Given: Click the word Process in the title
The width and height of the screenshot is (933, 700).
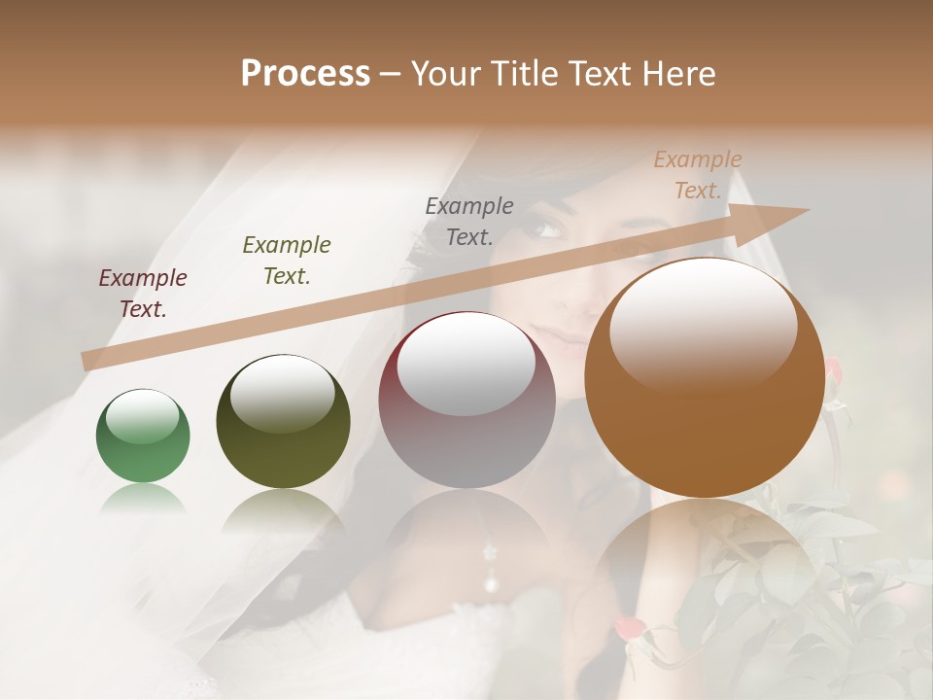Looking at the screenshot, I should pos(305,74).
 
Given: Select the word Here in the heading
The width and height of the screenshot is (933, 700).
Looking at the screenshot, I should pos(678,74).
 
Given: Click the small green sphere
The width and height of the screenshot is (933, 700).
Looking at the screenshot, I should pos(143,436).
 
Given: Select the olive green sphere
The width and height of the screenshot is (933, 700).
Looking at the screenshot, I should pos(283,421).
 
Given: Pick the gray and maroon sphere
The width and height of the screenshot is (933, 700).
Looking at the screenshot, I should pos(466,400).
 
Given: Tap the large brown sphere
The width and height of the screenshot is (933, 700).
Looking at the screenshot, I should pos(704,377).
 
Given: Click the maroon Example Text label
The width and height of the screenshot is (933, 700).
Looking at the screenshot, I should pos(143,294).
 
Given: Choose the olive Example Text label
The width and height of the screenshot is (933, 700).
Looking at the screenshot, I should pos(287,261).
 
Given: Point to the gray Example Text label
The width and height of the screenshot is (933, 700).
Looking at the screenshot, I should pos(469,221).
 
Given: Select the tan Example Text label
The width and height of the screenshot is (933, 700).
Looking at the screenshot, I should pos(698,175).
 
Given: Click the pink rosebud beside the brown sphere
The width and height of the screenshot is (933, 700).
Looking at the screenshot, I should pos(833,368).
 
